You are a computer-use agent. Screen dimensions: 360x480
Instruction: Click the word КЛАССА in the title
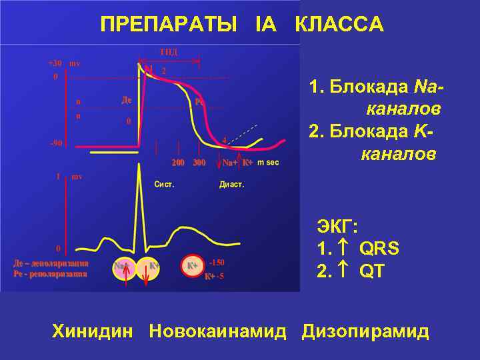tap(339, 25)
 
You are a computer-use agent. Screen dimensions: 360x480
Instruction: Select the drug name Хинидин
tap(93, 331)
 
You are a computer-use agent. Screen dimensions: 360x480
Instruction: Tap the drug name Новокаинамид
tap(218, 331)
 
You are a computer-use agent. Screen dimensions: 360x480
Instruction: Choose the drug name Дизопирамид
tap(365, 331)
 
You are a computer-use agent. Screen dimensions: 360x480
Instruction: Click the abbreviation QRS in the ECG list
tap(379, 249)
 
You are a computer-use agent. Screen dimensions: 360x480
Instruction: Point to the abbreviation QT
tap(371, 272)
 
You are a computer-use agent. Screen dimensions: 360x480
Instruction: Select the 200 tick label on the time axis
tap(178, 162)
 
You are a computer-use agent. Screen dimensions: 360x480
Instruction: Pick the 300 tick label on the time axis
tap(199, 162)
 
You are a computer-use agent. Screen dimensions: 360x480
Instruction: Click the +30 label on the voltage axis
tap(55, 63)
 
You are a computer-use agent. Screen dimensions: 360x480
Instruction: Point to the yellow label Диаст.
tap(232, 184)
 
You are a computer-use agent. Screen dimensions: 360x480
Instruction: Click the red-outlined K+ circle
tap(192, 266)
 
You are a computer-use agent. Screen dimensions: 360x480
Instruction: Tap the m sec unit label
tap(268, 162)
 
